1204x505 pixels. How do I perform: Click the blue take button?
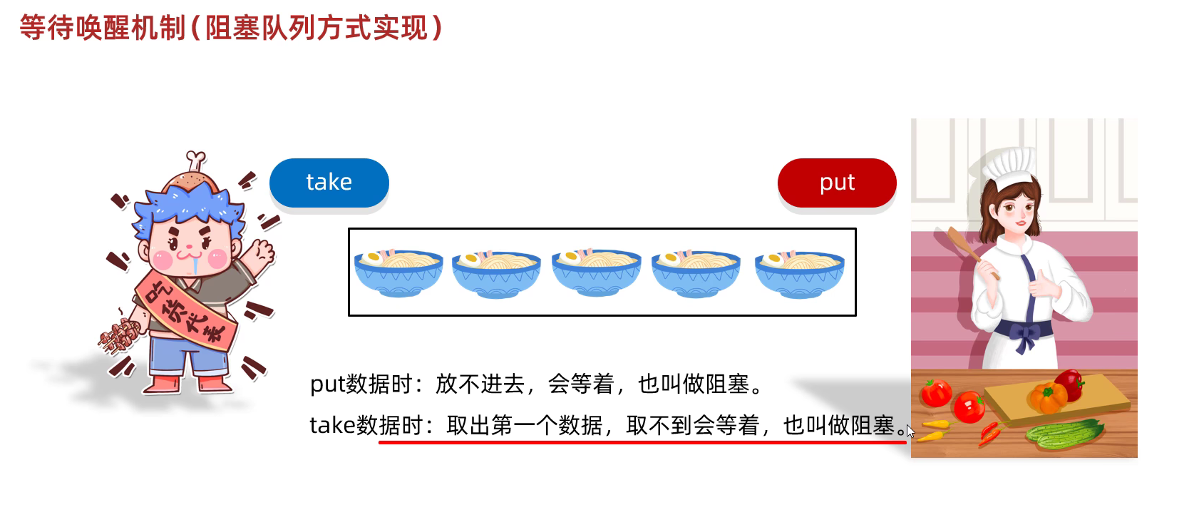click(x=329, y=183)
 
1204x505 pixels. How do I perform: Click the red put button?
click(x=837, y=183)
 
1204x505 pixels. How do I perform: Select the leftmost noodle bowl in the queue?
click(x=398, y=272)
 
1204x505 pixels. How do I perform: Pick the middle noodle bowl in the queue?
click(x=597, y=272)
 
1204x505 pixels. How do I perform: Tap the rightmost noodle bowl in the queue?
click(x=800, y=272)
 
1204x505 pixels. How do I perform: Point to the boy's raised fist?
click(x=263, y=250)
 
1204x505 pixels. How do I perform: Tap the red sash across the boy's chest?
click(x=185, y=314)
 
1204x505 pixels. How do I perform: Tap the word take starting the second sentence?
click(x=332, y=426)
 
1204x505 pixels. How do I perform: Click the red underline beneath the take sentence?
click(x=642, y=442)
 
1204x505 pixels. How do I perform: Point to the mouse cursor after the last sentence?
click(x=910, y=432)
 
